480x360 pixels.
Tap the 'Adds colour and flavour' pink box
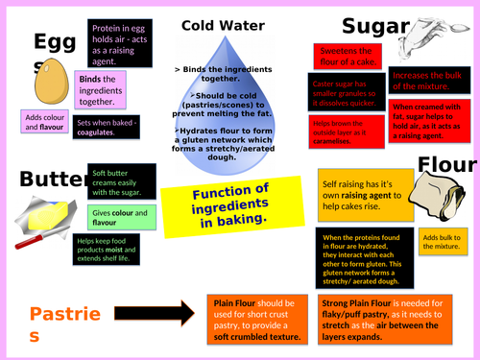coord(41,123)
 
